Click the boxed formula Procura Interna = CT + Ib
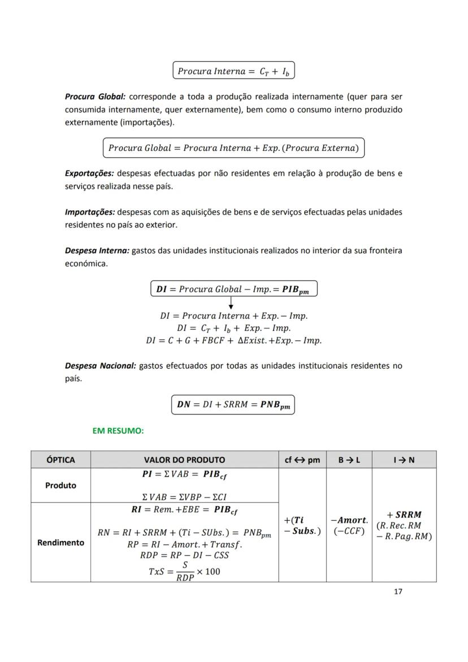233,71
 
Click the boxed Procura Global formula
233,148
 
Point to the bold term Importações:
90,212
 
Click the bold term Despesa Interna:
97,250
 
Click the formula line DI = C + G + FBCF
233,340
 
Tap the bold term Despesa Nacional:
101,366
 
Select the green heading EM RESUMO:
118,431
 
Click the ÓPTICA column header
60,460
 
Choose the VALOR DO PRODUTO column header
184,460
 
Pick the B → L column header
349,460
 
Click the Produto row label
60,486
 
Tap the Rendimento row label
60,543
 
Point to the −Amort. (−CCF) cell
349,525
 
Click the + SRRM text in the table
404,515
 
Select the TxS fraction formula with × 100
184,571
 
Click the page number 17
398,592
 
